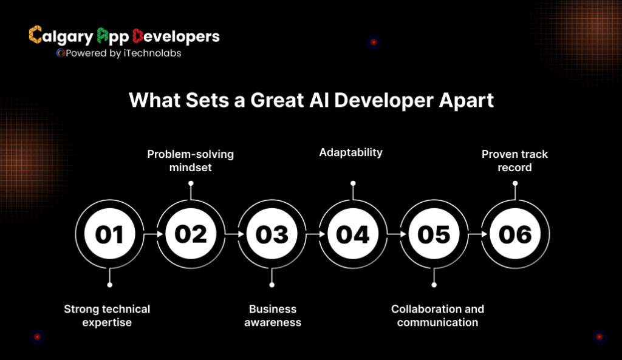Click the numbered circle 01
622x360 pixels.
point(109,234)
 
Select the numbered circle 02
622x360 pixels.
point(191,234)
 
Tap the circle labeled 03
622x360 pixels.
point(272,234)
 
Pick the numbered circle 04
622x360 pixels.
point(353,234)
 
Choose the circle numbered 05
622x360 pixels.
point(434,234)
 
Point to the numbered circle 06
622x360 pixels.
point(515,234)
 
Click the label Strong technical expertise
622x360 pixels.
point(107,316)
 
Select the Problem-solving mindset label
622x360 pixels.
point(190,160)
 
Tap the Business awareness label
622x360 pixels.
point(273,316)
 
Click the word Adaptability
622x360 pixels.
point(351,152)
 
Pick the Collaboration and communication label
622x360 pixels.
point(437,316)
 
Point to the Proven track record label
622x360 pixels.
point(514,160)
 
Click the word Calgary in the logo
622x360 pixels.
point(61,36)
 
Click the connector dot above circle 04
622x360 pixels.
point(353,183)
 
